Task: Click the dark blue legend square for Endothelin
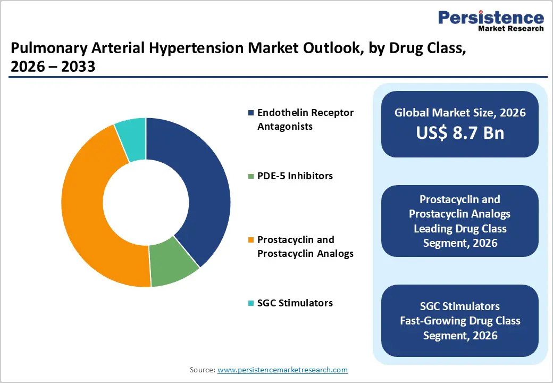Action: tap(251, 113)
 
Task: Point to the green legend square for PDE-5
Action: tap(251, 176)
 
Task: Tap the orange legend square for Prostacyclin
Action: tap(251, 240)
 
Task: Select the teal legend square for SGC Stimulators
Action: tap(251, 303)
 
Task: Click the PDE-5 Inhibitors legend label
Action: tap(295, 176)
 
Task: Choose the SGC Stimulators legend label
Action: tap(295, 303)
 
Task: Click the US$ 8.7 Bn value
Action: tap(460, 133)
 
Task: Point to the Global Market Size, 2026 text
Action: tap(460, 112)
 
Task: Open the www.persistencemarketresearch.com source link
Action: tap(282, 370)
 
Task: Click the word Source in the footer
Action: tap(202, 370)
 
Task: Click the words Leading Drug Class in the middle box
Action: tap(460, 229)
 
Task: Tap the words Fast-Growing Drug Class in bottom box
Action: tap(460, 321)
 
